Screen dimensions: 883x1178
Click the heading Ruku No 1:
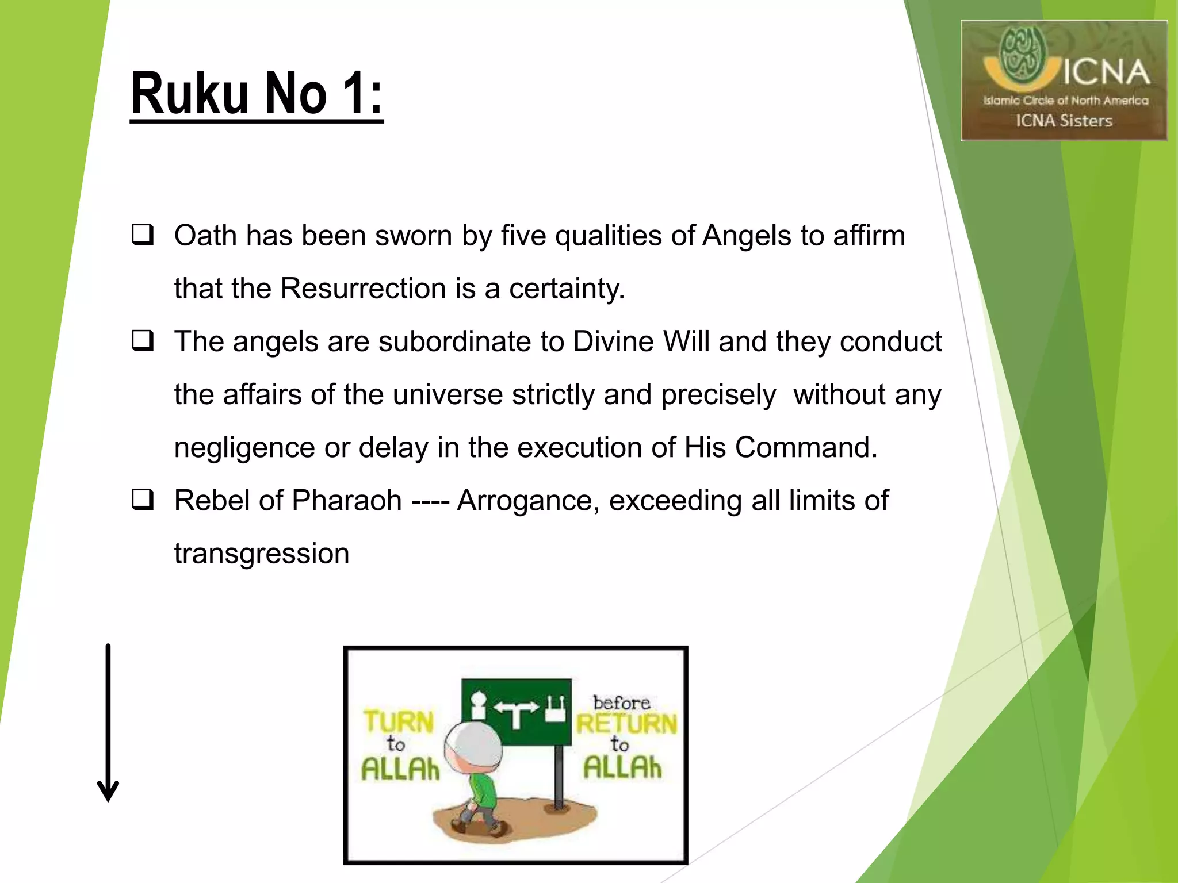(x=257, y=93)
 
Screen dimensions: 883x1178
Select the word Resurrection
(x=363, y=288)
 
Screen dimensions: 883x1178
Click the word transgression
(x=262, y=554)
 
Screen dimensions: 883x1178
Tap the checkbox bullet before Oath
(x=143, y=235)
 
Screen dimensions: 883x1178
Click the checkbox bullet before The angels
(x=143, y=340)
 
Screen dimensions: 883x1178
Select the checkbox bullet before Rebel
(x=143, y=499)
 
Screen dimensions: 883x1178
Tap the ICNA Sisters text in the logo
(x=1064, y=121)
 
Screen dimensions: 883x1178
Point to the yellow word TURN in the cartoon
(x=399, y=721)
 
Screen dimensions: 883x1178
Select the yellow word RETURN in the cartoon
(x=626, y=724)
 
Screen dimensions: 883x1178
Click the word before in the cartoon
(x=621, y=702)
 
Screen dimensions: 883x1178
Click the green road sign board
(x=516, y=712)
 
